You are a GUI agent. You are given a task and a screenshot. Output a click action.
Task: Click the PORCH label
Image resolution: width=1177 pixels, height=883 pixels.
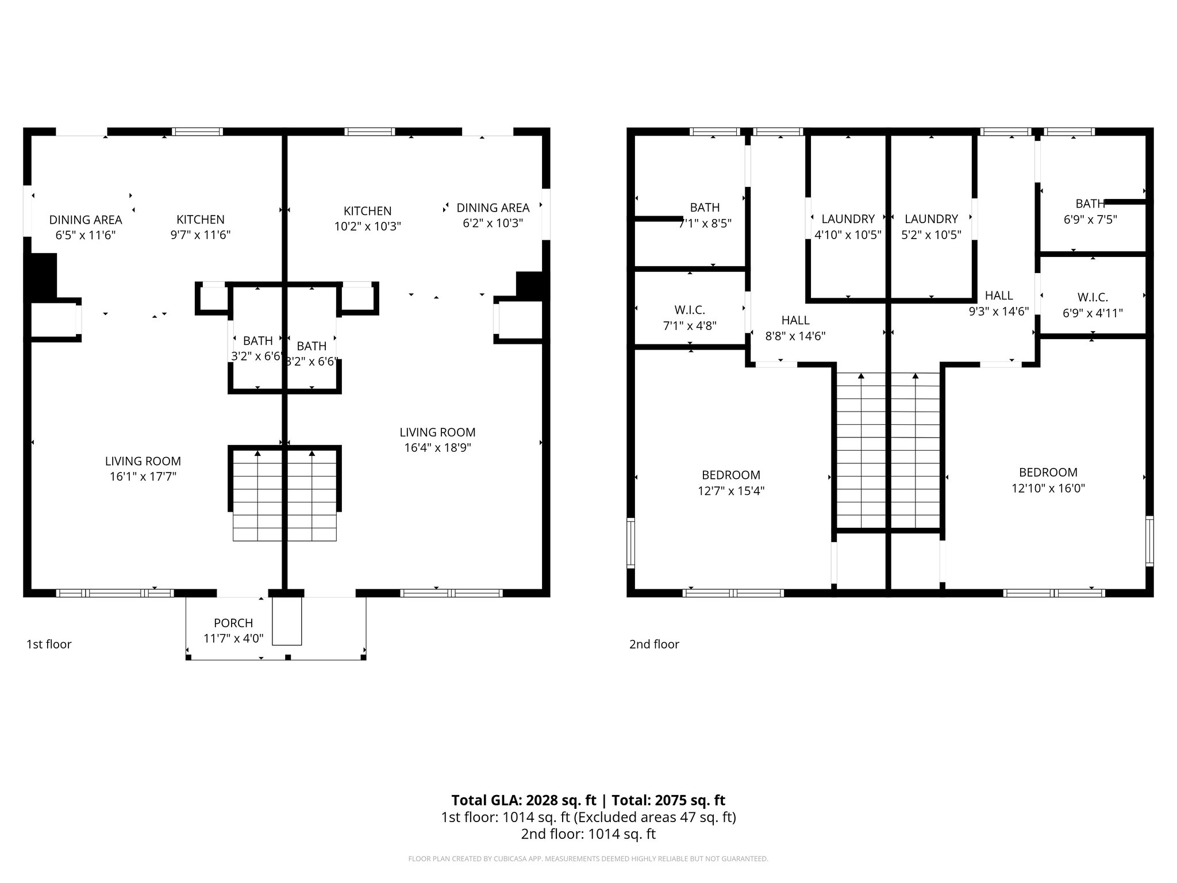point(233,623)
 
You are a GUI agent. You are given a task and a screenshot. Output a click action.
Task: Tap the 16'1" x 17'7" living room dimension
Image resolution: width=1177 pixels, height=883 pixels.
point(143,477)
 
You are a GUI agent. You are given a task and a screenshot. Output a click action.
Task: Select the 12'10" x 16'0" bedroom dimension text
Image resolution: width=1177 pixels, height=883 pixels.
point(1048,489)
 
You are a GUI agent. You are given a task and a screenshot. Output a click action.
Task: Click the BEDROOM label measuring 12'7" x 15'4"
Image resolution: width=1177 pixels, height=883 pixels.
point(730,475)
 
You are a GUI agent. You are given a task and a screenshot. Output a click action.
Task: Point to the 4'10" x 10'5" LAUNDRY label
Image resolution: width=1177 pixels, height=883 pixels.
point(848,219)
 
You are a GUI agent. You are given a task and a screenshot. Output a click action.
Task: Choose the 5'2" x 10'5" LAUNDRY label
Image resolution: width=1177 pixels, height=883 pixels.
point(931,219)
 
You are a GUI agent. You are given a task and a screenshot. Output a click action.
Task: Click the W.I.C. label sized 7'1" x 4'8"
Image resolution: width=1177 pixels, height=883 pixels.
point(690,310)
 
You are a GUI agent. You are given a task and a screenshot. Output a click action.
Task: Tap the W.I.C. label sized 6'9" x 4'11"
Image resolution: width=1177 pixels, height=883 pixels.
point(1093,297)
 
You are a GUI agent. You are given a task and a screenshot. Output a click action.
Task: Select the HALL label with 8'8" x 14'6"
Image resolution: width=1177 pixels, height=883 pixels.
point(795,320)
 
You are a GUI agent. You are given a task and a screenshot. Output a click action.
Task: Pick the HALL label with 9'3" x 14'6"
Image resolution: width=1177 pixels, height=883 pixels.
point(998,295)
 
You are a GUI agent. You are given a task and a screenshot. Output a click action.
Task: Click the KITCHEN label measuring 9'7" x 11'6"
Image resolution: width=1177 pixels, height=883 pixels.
point(200,220)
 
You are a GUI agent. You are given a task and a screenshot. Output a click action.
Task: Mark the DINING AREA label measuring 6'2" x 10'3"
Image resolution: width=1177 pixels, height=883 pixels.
point(493,208)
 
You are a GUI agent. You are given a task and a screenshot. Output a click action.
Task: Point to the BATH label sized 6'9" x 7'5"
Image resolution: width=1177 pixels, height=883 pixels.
point(1090,204)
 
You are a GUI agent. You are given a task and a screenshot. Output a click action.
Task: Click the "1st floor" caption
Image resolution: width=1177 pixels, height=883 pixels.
point(49,644)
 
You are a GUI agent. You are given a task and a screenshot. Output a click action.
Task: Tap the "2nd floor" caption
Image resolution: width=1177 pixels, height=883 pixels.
point(654,644)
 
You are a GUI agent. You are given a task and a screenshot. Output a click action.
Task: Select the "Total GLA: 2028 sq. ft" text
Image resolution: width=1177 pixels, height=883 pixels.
point(524,800)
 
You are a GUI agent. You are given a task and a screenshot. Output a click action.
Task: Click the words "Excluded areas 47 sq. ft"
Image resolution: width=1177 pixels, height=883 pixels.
point(655,817)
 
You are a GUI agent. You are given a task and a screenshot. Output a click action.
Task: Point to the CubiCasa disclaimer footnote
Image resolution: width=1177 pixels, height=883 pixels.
point(588,859)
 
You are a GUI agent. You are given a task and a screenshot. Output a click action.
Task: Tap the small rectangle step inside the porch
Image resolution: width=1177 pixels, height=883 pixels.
point(287,621)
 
